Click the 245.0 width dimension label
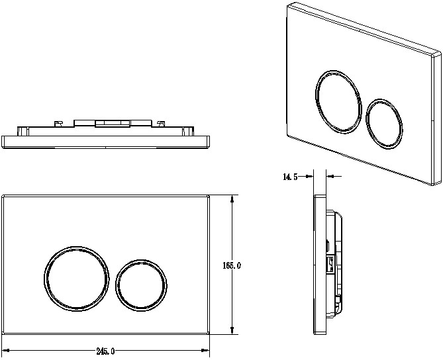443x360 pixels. click(105, 351)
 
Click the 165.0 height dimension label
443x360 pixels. click(232, 265)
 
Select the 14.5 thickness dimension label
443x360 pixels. click(290, 177)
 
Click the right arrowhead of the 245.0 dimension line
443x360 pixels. click(205, 350)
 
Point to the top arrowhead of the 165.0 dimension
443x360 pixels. click(232, 199)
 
